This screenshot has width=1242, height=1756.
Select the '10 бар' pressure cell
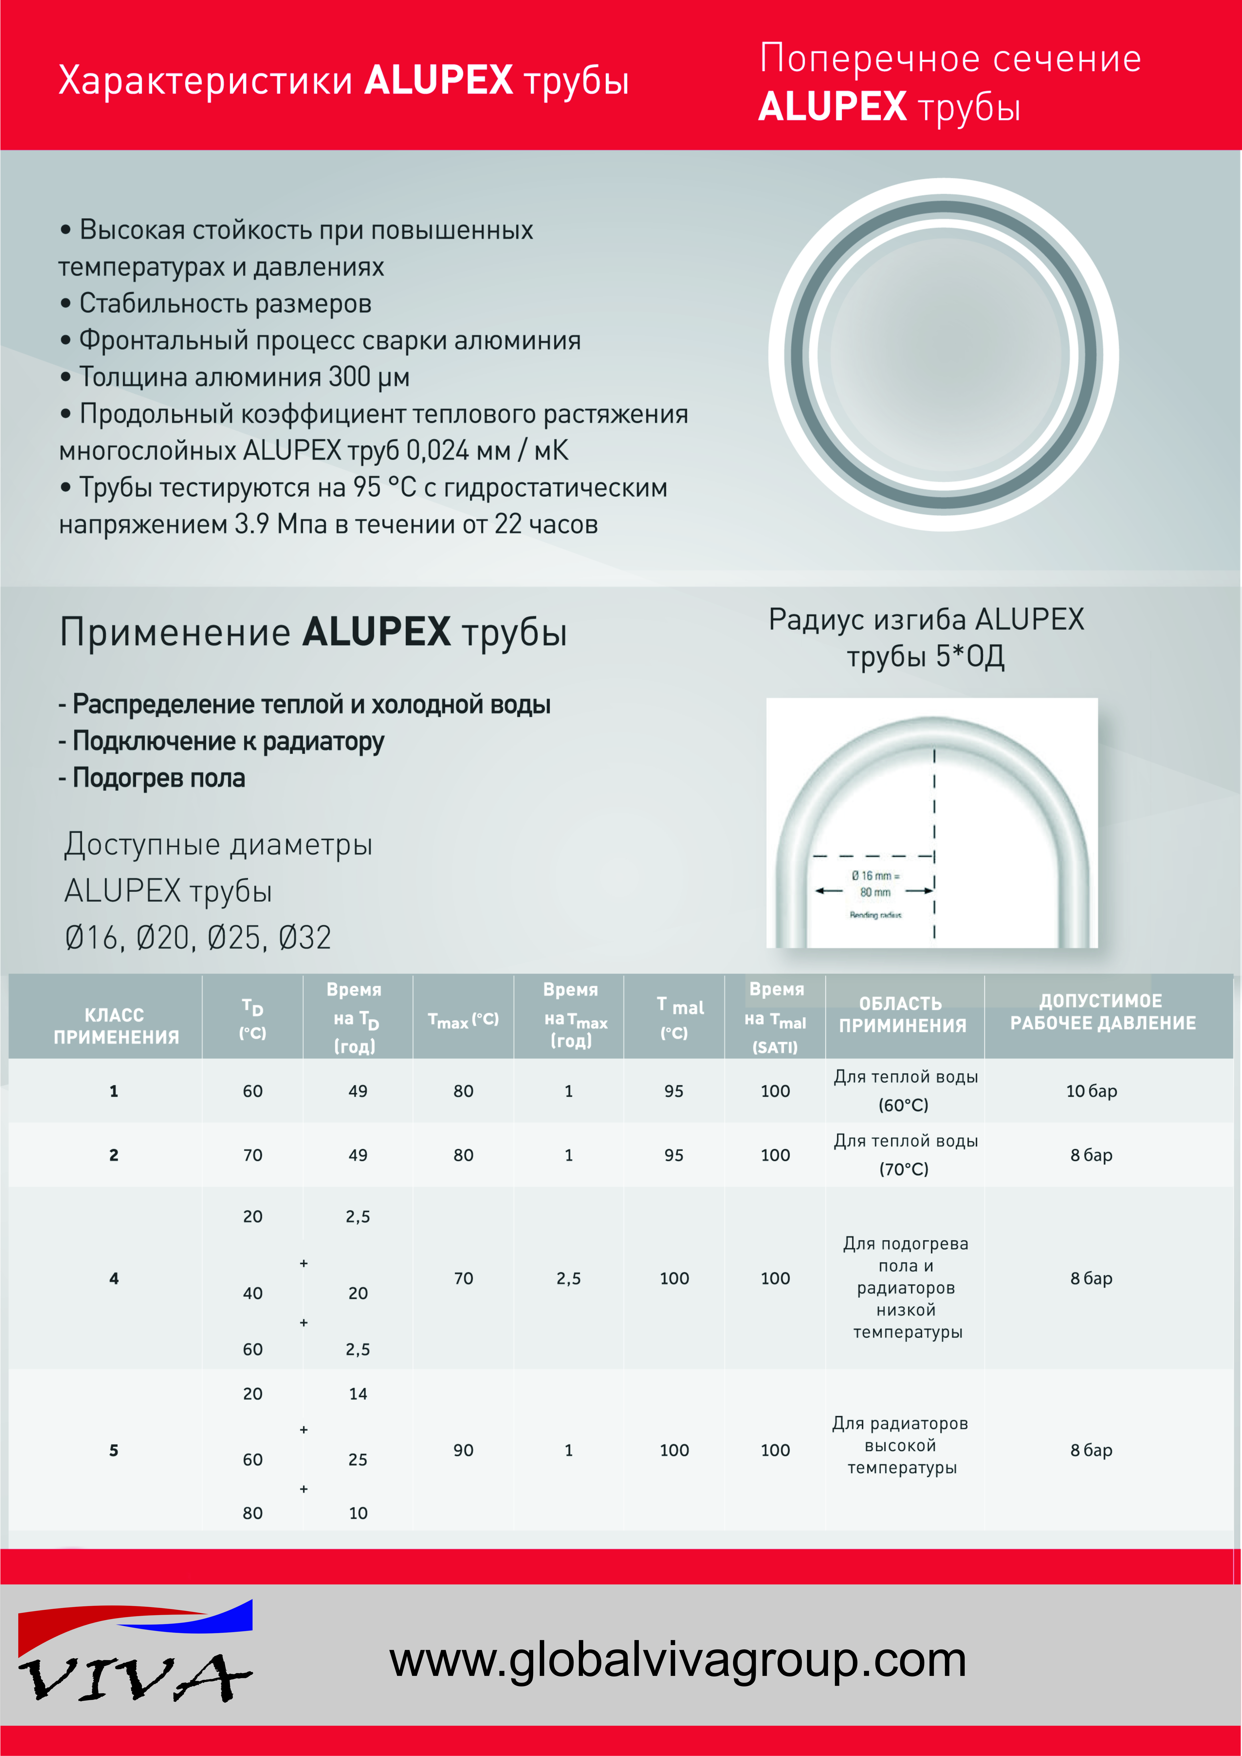click(x=1091, y=1091)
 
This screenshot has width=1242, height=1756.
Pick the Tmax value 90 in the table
click(x=463, y=1450)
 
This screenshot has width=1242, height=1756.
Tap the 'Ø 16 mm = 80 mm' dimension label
click(x=876, y=884)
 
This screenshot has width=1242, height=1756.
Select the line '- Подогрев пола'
click(x=152, y=778)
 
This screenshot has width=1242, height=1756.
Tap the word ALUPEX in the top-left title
click(x=438, y=80)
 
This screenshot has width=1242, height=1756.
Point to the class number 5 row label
click(x=114, y=1450)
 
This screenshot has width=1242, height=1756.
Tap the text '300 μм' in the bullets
click(x=369, y=377)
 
